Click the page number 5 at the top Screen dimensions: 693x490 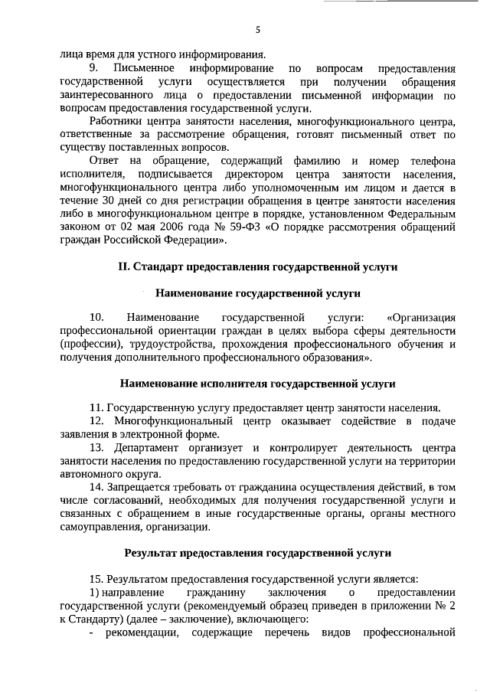(258, 30)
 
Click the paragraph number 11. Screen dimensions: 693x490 (96, 407)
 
